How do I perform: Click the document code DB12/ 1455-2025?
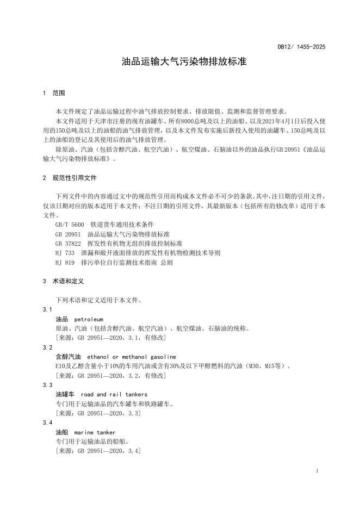click(301, 47)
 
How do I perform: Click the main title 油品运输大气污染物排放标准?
click(184, 62)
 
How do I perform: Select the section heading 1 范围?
click(54, 93)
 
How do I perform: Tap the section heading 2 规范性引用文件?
click(69, 178)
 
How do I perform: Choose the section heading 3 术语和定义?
click(63, 282)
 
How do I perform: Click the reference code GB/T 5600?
click(69, 224)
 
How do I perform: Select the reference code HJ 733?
click(65, 252)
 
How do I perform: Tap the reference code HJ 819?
click(65, 262)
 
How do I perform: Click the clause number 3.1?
click(48, 309)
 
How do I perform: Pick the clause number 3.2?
click(48, 347)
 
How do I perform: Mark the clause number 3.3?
click(48, 385)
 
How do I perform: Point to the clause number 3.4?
click(48, 423)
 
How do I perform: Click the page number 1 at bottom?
click(317, 470)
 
